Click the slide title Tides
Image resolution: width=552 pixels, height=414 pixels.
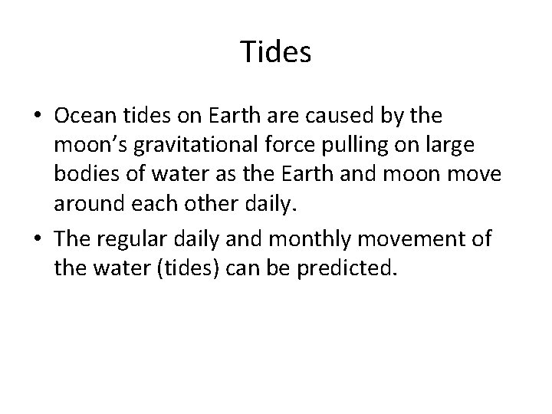point(276,51)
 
